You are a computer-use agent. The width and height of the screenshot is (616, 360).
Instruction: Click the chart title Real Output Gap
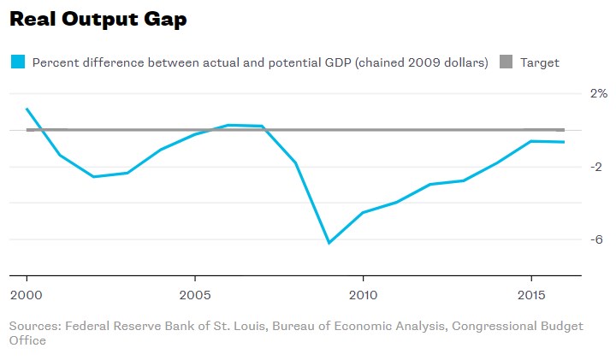(98, 20)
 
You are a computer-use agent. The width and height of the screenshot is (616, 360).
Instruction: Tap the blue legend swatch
(17, 62)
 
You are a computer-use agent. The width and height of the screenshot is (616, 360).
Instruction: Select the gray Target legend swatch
(506, 62)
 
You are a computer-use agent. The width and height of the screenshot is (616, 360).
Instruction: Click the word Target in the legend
(539, 62)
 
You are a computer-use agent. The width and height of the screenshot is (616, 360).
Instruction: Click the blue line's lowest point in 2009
(329, 243)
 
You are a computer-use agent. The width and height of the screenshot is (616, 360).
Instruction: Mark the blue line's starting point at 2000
(27, 109)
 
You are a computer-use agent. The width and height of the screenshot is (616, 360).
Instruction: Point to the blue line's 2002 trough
(94, 177)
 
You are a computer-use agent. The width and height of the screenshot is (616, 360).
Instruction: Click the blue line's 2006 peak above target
(228, 125)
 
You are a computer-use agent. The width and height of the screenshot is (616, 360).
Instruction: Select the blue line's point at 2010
(363, 212)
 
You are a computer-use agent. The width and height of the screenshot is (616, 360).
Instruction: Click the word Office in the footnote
(27, 340)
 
